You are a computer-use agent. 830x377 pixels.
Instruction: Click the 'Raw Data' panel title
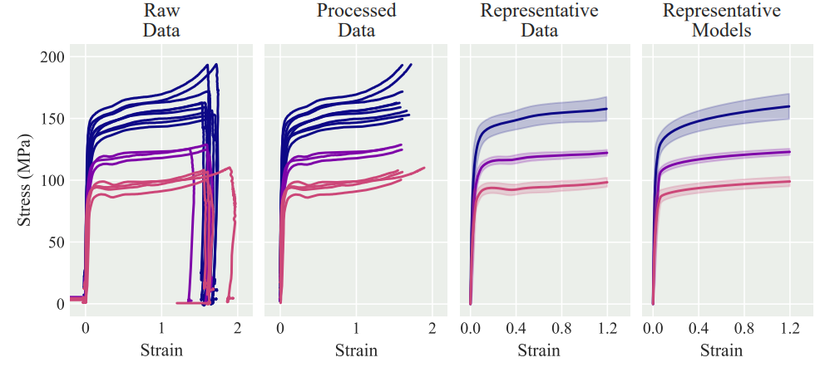click(x=161, y=22)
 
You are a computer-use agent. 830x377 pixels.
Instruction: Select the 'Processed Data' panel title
click(x=356, y=22)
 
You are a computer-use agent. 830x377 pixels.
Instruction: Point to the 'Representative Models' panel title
click(x=721, y=22)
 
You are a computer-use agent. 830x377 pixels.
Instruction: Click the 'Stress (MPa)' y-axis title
click(x=27, y=180)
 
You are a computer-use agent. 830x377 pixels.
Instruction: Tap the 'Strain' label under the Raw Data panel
click(x=161, y=350)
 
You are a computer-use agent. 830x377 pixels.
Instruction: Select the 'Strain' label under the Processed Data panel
click(x=356, y=350)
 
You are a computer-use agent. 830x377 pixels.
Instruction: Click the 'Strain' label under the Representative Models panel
click(x=721, y=350)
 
